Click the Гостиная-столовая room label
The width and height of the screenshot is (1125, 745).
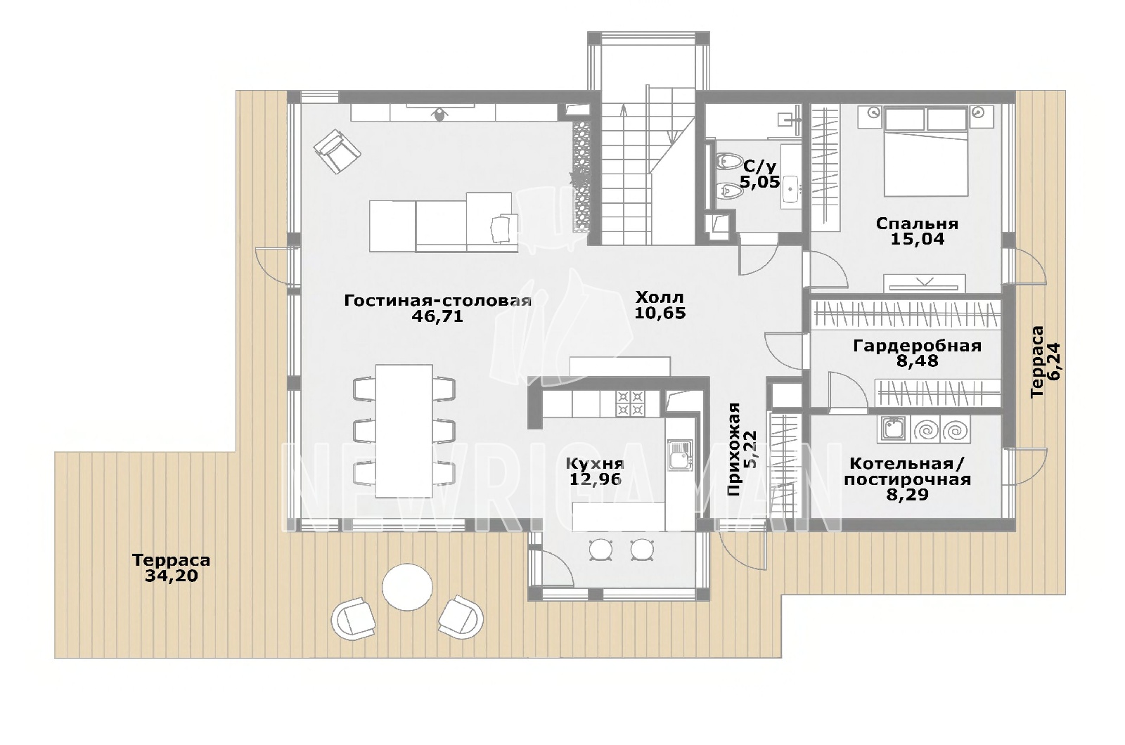point(437,301)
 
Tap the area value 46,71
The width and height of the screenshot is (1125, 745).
point(437,316)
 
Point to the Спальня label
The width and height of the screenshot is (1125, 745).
point(917,223)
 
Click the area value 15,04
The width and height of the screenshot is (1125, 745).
point(917,239)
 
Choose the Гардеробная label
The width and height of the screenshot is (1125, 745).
point(917,346)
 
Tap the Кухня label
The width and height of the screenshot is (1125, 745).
point(595,463)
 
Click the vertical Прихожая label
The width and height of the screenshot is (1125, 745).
point(734,449)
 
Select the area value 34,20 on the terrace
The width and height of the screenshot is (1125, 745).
point(172,576)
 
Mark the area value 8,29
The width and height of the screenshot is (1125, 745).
point(907,495)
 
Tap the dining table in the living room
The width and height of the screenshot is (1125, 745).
point(404,431)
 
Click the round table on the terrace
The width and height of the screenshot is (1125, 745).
point(407,587)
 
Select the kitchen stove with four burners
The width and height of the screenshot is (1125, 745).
point(630,403)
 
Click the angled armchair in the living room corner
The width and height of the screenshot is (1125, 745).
point(337,150)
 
